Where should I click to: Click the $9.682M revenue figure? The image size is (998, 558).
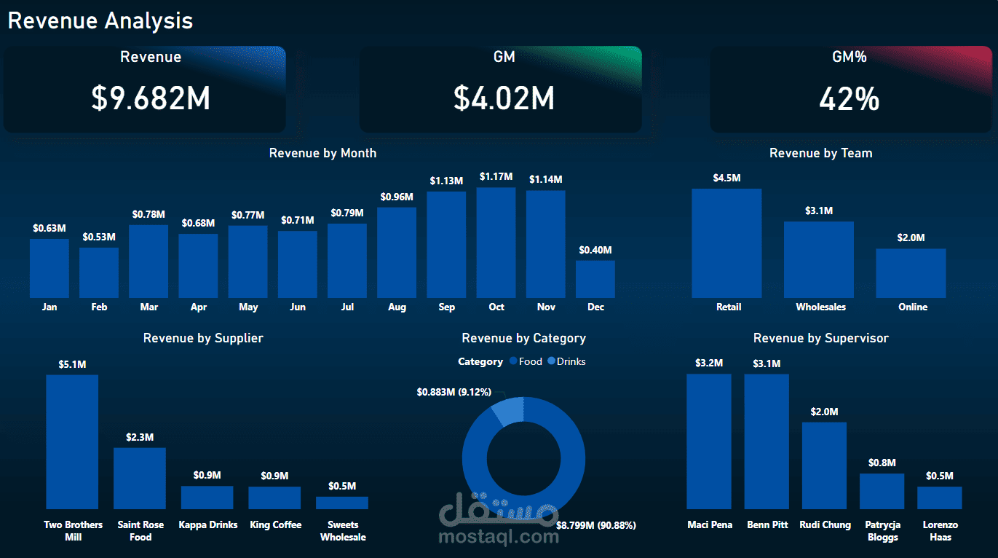(151, 98)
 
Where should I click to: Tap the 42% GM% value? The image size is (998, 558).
(850, 98)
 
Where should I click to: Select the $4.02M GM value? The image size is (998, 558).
(504, 98)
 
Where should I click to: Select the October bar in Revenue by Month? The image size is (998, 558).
(496, 243)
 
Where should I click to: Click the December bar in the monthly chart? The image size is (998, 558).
(595, 279)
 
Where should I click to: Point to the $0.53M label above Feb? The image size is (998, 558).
(99, 237)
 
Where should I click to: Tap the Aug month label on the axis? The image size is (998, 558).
(397, 307)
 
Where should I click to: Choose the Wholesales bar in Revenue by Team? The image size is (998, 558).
(819, 259)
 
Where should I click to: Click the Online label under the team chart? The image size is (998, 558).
(913, 307)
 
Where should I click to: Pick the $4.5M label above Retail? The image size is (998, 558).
(726, 178)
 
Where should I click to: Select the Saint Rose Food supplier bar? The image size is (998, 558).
(140, 478)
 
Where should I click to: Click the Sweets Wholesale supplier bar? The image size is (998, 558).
(342, 503)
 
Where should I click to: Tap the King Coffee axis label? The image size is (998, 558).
(275, 525)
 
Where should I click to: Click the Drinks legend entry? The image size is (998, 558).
(567, 361)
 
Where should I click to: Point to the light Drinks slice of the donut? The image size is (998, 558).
(509, 410)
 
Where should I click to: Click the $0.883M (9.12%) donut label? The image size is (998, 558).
(454, 392)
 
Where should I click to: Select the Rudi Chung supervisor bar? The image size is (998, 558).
(824, 465)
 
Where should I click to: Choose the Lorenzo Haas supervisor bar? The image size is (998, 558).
(940, 498)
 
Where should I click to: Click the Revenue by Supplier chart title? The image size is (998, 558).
(203, 338)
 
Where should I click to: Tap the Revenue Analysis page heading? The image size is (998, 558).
(100, 21)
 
